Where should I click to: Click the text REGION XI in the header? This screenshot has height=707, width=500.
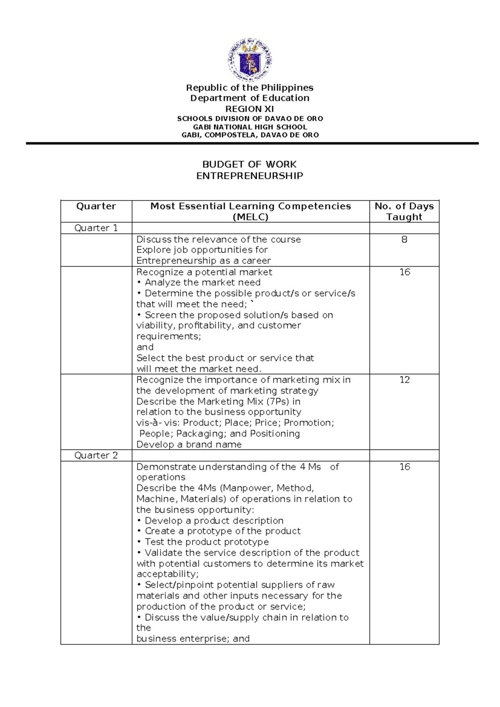coord(250,109)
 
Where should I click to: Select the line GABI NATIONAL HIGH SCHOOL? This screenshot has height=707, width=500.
coord(250,127)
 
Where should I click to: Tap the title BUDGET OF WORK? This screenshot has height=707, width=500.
coord(249,164)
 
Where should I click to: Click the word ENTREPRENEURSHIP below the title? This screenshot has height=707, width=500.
coord(250,175)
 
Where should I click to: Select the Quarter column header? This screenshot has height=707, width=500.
coord(96,206)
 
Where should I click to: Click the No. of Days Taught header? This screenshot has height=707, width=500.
coord(404,211)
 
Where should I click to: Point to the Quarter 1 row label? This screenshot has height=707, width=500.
coord(96,228)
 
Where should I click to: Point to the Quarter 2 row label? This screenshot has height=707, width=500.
coord(96,455)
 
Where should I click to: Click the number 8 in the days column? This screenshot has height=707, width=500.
coord(404,240)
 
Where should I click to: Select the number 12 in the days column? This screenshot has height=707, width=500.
coord(405,380)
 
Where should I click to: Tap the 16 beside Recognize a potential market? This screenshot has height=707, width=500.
coord(405,272)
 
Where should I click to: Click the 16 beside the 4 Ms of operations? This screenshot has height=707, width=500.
coord(405,467)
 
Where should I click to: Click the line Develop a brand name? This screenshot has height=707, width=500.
coord(189,444)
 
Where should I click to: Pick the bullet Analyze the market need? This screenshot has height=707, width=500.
coord(198,283)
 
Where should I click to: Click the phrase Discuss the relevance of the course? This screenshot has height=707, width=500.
coord(218,240)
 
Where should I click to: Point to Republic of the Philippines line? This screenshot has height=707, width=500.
coord(250,88)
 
